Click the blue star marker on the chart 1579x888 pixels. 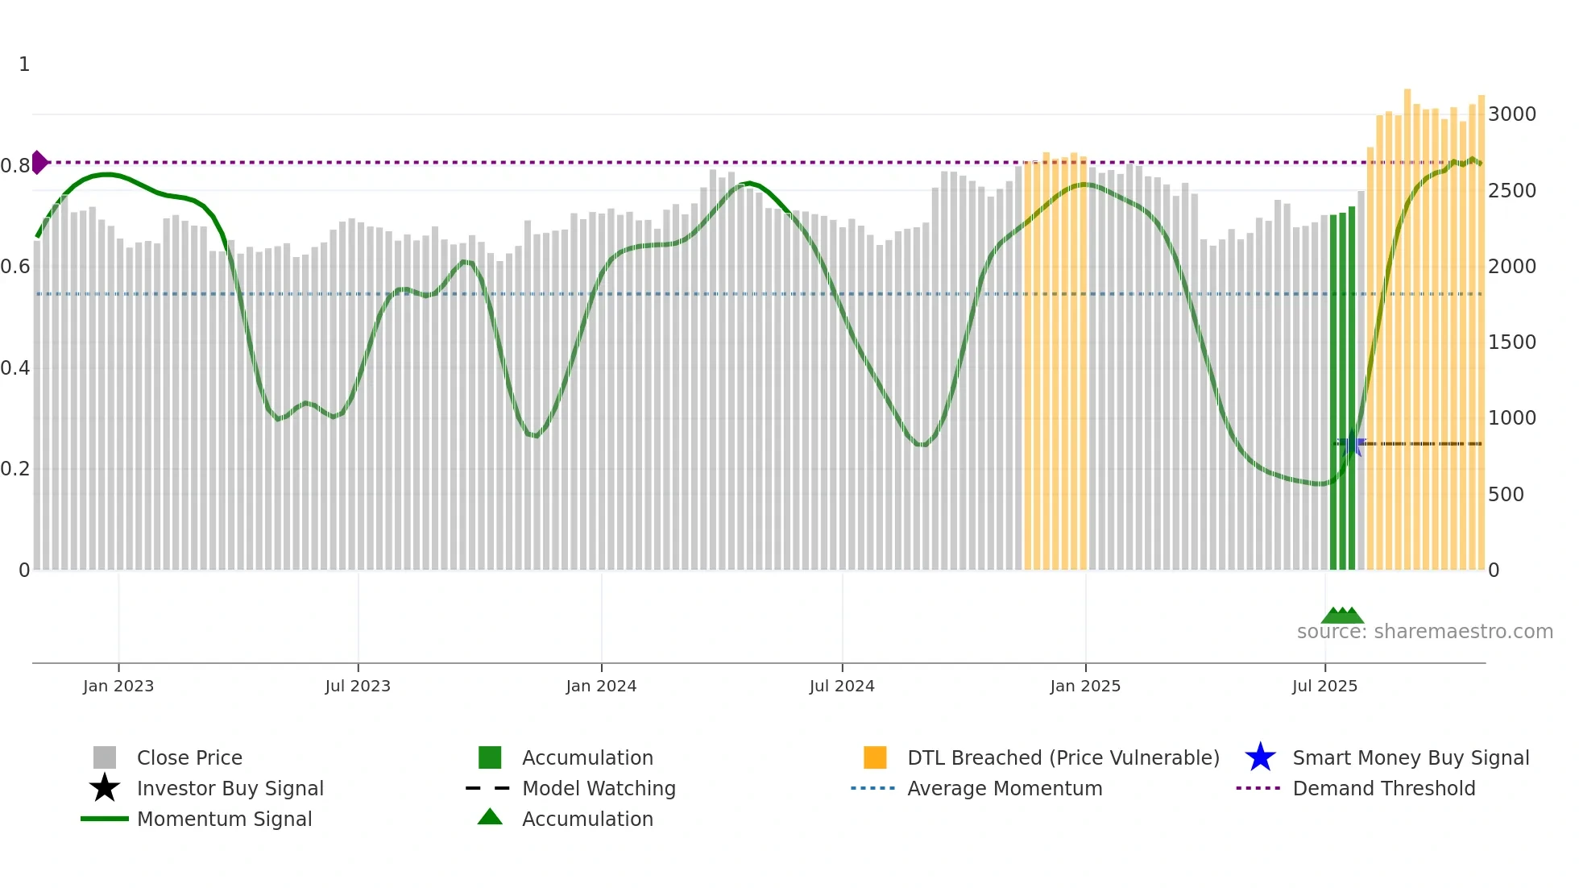coord(1353,443)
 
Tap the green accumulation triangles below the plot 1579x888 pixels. coord(1342,616)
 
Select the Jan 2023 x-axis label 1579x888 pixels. coord(118,686)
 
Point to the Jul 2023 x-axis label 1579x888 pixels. coord(358,686)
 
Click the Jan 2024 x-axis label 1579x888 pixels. coord(601,686)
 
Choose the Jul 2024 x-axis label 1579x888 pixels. coord(842,686)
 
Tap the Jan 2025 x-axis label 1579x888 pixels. coord(1085,686)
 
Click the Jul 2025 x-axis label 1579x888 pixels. coord(1324,686)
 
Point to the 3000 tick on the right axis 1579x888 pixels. coord(1511,114)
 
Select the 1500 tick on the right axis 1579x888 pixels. coord(1511,342)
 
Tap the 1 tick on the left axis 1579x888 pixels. coord(24,64)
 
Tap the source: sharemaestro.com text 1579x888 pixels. coord(1424,632)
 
